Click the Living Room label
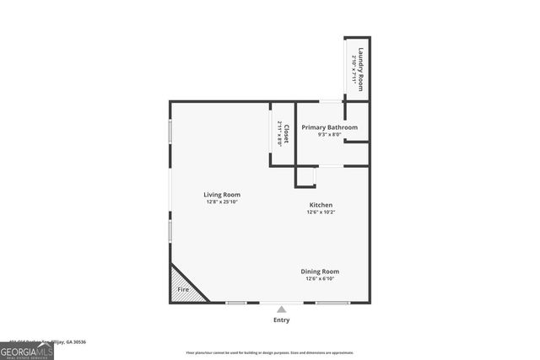[223, 195]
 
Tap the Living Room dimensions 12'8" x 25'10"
[223, 202]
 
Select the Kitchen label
[321, 205]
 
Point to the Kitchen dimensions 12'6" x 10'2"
[321, 212]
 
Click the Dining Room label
[321, 271]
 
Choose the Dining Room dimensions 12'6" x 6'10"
[321, 278]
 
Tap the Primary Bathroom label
[330, 127]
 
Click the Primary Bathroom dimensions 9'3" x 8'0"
[330, 135]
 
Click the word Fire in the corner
[181, 288]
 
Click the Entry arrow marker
[281, 309]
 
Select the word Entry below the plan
[281, 320]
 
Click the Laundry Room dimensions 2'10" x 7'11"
[354, 67]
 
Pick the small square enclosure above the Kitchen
[305, 177]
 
